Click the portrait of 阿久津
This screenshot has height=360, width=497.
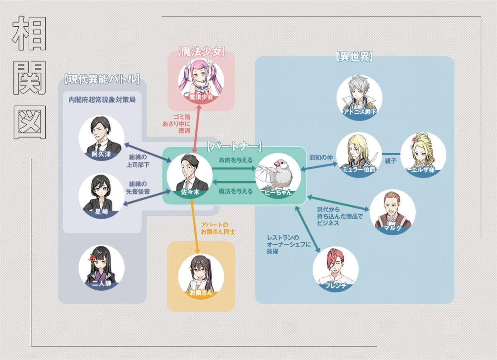point(101,138)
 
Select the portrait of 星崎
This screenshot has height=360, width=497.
point(101,196)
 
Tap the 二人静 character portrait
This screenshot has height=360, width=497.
point(101,267)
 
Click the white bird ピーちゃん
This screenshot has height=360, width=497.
point(278,176)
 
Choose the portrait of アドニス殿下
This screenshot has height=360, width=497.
point(359,98)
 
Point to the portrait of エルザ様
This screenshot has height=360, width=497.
point(423,155)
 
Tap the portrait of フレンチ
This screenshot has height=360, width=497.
point(335,269)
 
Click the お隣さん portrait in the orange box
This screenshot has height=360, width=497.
point(201,276)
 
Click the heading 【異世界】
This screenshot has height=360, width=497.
point(354,57)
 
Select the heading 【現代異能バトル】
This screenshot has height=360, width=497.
point(102,79)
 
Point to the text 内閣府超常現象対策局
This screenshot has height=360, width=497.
point(102,100)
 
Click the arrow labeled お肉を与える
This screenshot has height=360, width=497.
point(234,168)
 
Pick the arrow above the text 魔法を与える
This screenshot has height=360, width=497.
point(234,182)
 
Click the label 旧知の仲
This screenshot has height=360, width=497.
point(321,157)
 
